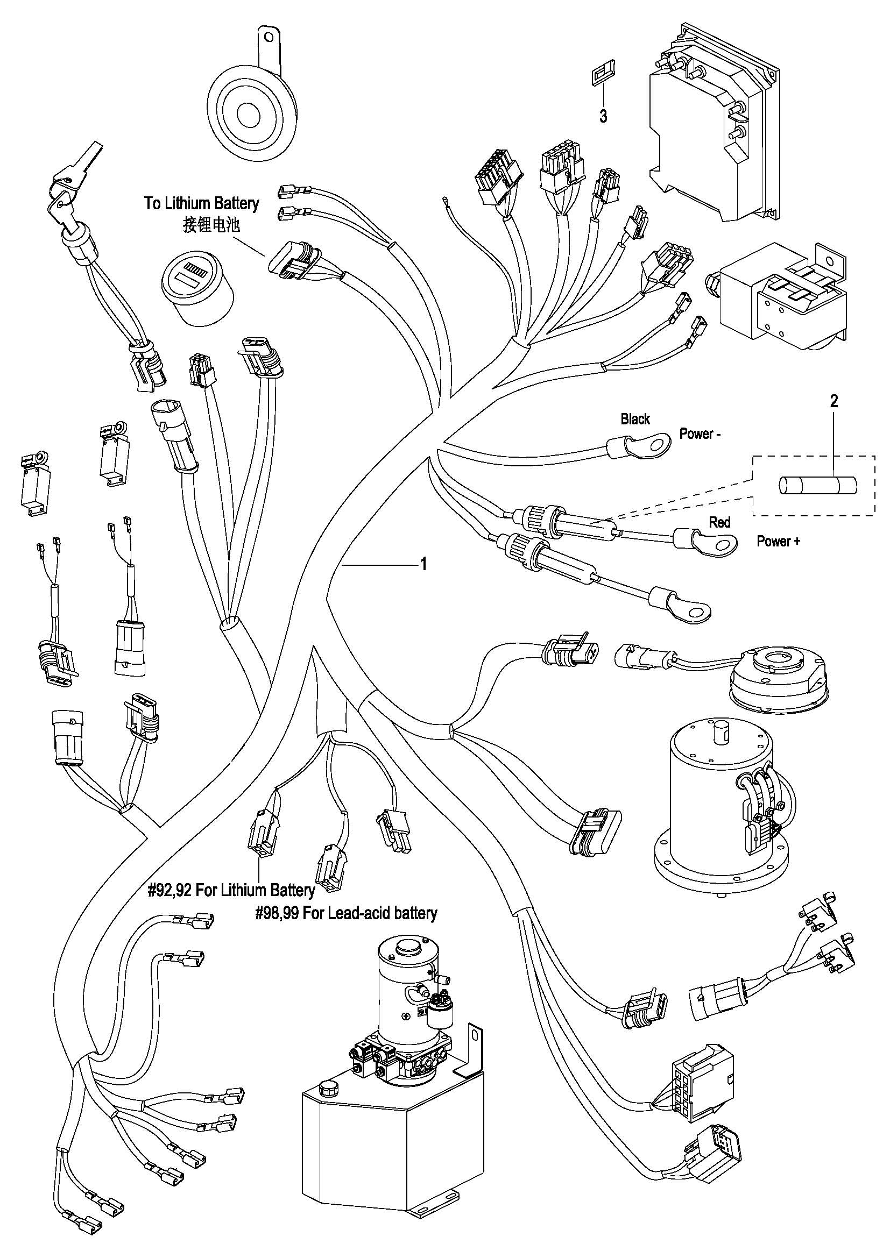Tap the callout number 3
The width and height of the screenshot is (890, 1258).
pyautogui.click(x=603, y=116)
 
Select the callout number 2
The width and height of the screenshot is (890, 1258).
pyautogui.click(x=834, y=401)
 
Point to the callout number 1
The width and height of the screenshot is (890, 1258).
pyautogui.click(x=423, y=564)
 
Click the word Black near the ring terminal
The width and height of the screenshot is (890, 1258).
pyautogui.click(x=635, y=419)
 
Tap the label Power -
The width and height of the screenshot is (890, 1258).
pyautogui.click(x=700, y=434)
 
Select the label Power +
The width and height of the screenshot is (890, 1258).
pyautogui.click(x=778, y=542)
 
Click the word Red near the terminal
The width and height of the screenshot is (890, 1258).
pyautogui.click(x=719, y=522)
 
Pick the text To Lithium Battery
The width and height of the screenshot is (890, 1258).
pyautogui.click(x=201, y=203)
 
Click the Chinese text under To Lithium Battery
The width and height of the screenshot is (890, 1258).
pyautogui.click(x=211, y=225)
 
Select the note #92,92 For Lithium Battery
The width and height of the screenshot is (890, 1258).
pyautogui.click(x=231, y=890)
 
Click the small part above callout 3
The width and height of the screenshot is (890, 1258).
pyautogui.click(x=601, y=76)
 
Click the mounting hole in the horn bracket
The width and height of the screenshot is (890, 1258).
pyautogui.click(x=268, y=37)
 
